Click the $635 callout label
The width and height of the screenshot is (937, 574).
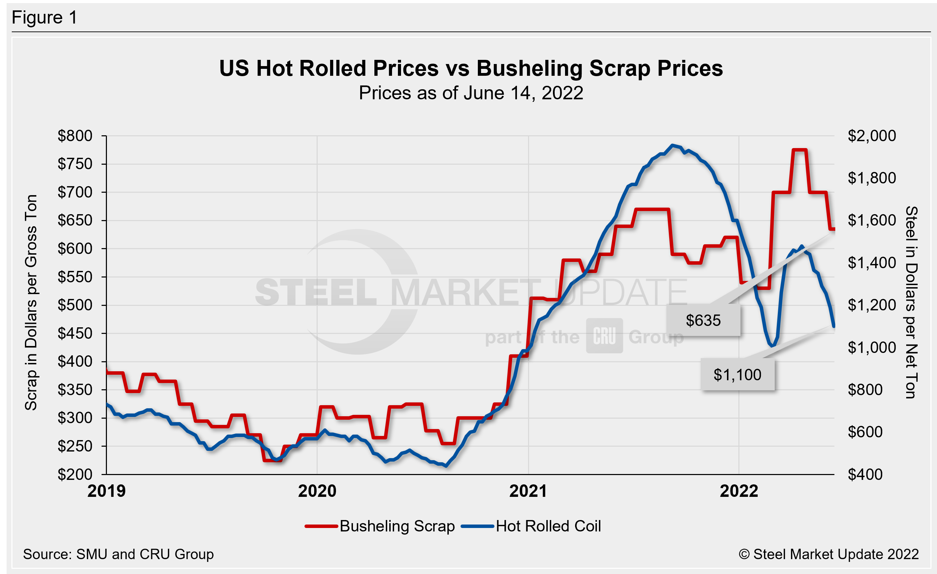coord(703,320)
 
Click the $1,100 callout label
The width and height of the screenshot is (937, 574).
coord(737,375)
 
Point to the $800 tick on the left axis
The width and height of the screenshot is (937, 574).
coord(75,136)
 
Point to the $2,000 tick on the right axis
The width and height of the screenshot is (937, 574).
coord(872,136)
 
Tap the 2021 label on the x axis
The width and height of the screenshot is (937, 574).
coord(528,491)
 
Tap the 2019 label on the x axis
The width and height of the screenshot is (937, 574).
coord(107,491)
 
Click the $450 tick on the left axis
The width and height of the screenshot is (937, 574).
coord(75,334)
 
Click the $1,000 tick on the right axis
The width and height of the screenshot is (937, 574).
coord(872,347)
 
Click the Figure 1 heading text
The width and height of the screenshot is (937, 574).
coord(45,18)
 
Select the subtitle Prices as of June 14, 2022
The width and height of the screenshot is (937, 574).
coord(471,93)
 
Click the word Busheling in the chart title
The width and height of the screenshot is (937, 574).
coord(529,69)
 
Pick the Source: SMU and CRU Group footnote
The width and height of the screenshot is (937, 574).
coord(118,554)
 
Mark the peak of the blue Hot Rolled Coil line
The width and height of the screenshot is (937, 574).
coord(673,145)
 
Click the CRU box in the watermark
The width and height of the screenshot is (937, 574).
coord(604,336)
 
